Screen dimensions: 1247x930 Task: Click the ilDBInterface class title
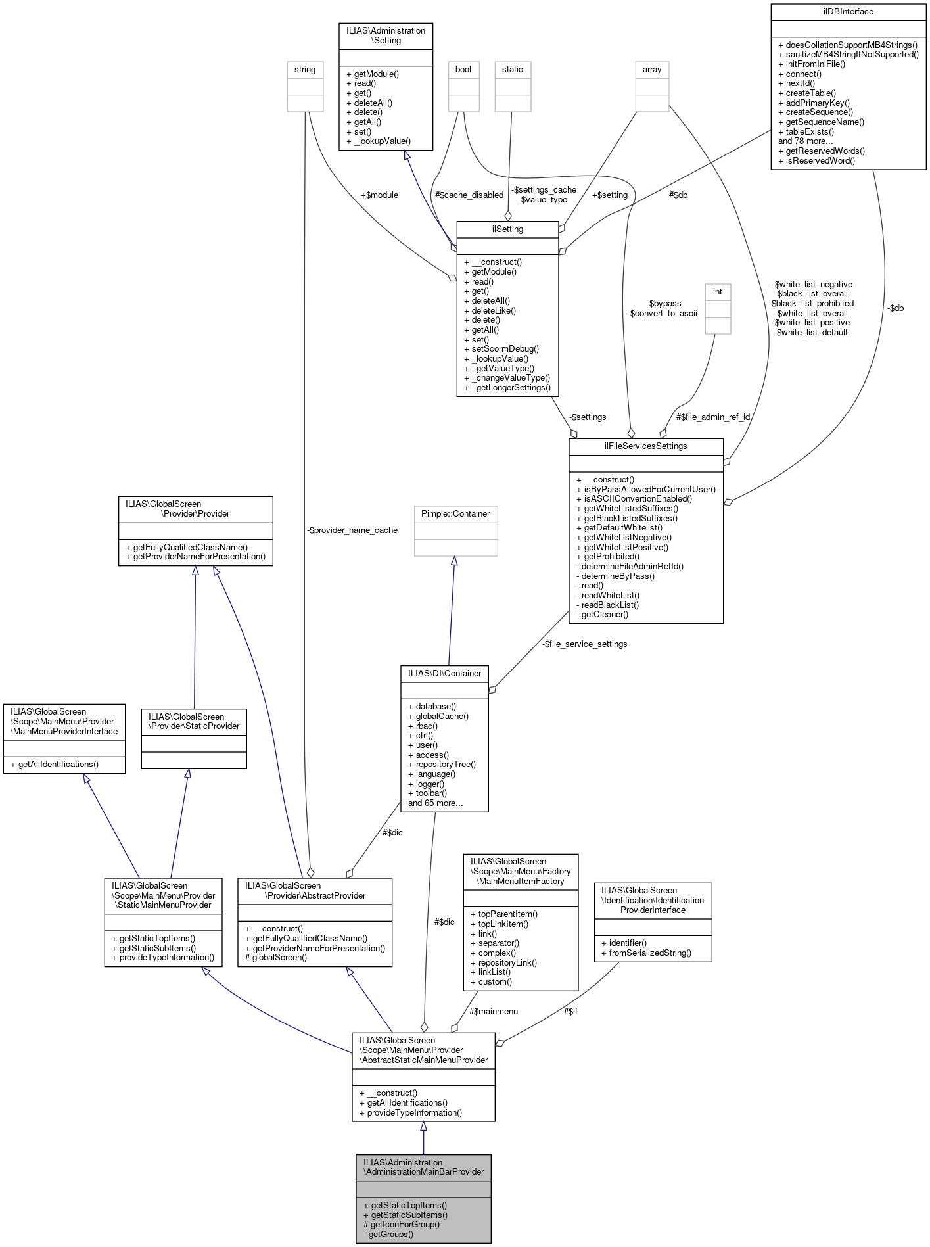[x=848, y=12]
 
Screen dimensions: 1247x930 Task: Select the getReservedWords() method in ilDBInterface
[x=825, y=151]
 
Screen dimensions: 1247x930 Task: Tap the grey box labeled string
[x=305, y=70]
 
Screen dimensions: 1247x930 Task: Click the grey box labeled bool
[x=463, y=70]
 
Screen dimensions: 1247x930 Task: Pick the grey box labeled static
[x=513, y=70]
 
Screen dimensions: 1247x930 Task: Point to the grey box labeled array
[x=652, y=70]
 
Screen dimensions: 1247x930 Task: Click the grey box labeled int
[x=718, y=292]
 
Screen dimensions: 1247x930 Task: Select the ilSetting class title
[x=507, y=229]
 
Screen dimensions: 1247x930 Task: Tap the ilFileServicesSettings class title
[x=645, y=446]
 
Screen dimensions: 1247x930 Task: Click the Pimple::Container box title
[x=455, y=514]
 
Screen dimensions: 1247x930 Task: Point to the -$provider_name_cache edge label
[x=352, y=530]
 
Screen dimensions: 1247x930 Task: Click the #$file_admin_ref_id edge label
[x=713, y=417]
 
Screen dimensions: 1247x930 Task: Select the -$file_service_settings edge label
[x=585, y=644]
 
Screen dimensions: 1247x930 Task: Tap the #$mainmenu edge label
[x=494, y=1012]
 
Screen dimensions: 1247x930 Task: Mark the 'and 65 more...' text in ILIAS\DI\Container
[x=435, y=803]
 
